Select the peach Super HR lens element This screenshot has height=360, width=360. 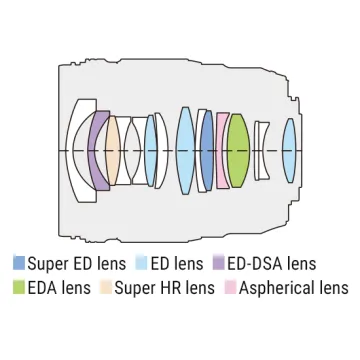112,151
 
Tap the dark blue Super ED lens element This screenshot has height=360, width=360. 207,151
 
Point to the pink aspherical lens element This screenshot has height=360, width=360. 221,151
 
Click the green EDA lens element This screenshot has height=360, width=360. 238,151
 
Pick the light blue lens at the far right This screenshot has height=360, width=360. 289,151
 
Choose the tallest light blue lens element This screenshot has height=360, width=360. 185,151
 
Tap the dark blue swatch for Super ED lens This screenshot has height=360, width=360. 19,263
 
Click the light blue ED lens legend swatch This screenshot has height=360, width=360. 142,263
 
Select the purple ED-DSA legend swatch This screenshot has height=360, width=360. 218,263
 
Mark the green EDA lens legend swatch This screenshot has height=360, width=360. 19,287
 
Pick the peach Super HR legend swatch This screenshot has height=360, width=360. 106,287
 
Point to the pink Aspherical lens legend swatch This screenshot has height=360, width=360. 230,287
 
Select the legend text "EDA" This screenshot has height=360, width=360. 42,288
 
